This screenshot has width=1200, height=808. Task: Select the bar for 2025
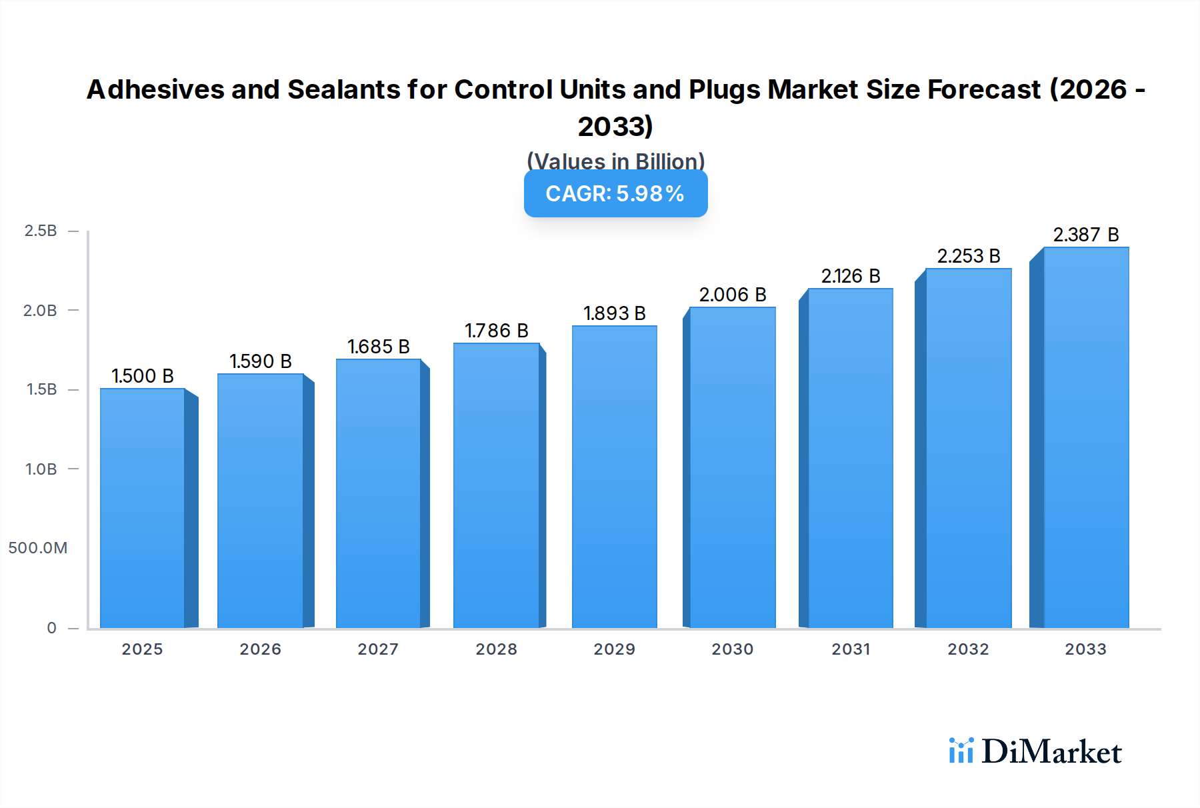tap(142, 508)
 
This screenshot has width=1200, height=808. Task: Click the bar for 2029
tap(614, 477)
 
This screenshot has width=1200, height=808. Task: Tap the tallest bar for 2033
tap(1085, 437)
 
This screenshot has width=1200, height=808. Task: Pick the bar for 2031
tap(850, 458)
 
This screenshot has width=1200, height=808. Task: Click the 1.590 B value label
tap(261, 361)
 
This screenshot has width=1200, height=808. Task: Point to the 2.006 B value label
tap(733, 295)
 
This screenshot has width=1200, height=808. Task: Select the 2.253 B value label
tap(969, 256)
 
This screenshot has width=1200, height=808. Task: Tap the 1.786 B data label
tap(497, 331)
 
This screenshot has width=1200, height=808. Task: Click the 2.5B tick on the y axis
tap(41, 231)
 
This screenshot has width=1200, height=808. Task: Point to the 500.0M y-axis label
tap(38, 548)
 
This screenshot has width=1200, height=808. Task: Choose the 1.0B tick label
tap(41, 469)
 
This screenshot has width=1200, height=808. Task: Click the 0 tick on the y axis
tap(52, 627)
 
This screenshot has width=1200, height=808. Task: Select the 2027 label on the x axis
tap(378, 649)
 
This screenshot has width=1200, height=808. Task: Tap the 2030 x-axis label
tap(732, 649)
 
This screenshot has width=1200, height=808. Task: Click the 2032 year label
tap(968, 649)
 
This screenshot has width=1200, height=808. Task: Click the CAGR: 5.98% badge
tap(615, 193)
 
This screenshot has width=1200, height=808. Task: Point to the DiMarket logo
tap(1035, 751)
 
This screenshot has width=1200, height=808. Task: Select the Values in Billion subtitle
tap(615, 161)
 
